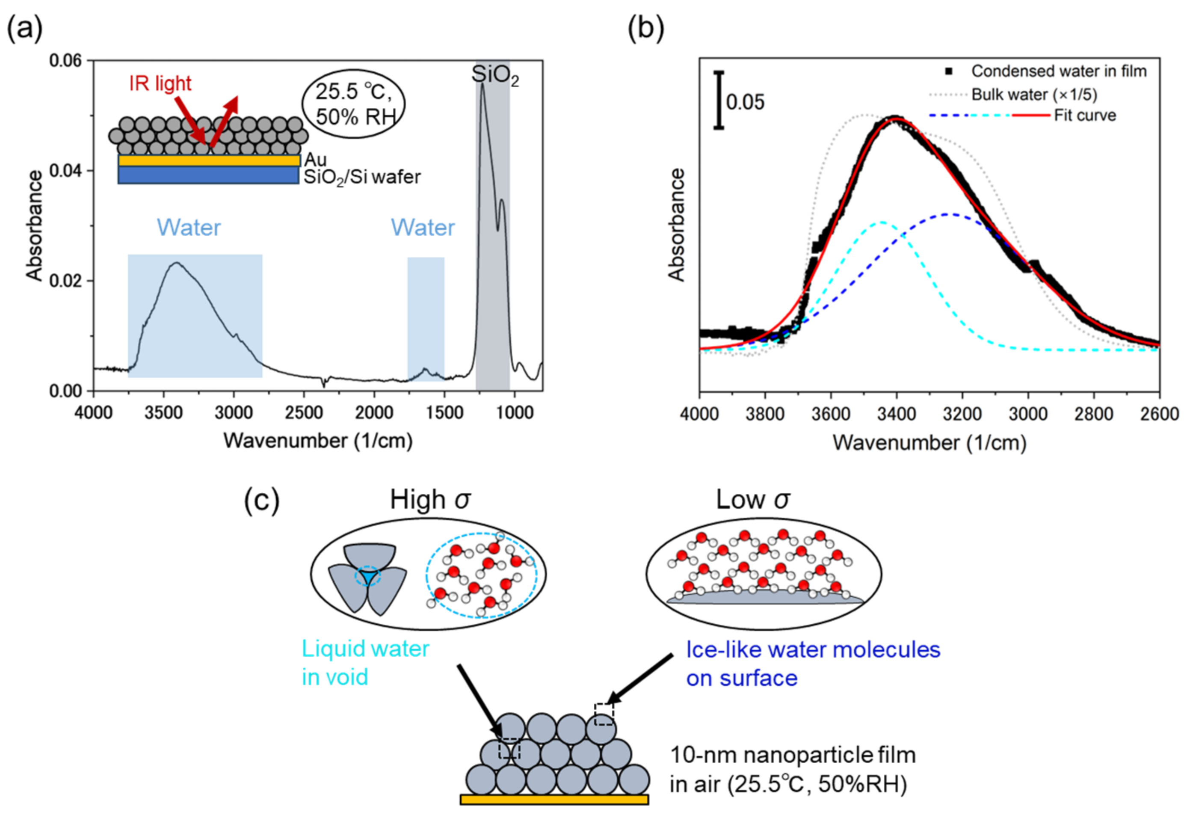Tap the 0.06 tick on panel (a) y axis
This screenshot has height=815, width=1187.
(x=65, y=61)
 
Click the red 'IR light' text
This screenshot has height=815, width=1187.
(x=160, y=83)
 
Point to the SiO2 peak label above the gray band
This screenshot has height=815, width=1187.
(x=494, y=76)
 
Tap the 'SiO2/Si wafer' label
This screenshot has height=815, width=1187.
(x=362, y=177)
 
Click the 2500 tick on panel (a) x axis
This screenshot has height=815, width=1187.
(x=304, y=412)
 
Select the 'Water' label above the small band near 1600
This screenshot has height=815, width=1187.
(x=423, y=227)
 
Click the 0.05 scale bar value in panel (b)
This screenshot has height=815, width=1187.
(x=745, y=102)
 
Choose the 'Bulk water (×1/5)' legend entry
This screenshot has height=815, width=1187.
(x=1034, y=95)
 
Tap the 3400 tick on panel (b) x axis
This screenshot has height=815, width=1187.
(x=897, y=413)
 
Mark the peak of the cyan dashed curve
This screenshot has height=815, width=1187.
(x=881, y=222)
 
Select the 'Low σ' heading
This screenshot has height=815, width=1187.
(x=752, y=500)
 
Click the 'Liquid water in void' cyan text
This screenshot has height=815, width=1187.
(x=365, y=663)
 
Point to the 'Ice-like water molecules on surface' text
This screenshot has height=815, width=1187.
(x=812, y=664)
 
